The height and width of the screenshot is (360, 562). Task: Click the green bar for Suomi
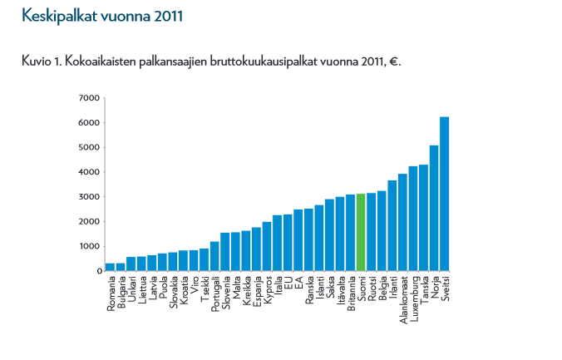(x=361, y=232)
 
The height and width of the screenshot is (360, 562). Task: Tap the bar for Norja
(x=434, y=208)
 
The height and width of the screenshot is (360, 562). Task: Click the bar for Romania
(x=110, y=267)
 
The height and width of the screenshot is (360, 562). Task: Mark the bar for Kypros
(x=267, y=246)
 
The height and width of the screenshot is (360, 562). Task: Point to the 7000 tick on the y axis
(x=89, y=98)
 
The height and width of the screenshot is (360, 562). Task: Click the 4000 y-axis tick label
(x=89, y=172)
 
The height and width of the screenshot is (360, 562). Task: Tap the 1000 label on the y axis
(x=89, y=246)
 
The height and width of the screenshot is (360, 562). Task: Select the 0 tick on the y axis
(x=96, y=271)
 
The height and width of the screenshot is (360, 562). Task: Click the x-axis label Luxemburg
(x=413, y=299)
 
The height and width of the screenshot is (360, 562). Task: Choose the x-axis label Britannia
(x=351, y=295)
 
